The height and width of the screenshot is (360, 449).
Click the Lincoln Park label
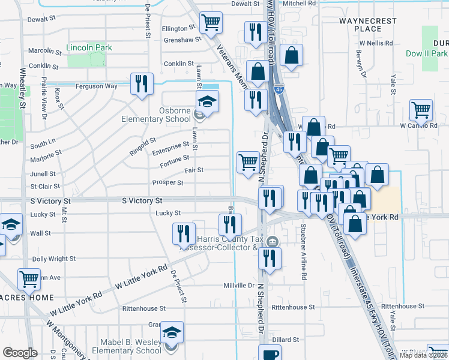pos(89,47)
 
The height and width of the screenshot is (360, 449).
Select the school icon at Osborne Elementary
pos(207,103)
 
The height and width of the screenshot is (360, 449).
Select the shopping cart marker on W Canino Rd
pos(421,110)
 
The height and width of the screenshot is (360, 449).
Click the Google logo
pos(20,353)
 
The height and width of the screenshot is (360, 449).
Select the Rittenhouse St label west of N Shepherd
pos(143,308)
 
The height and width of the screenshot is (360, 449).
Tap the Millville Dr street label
pos(239,286)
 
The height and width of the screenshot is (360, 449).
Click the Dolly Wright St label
pos(53,259)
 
